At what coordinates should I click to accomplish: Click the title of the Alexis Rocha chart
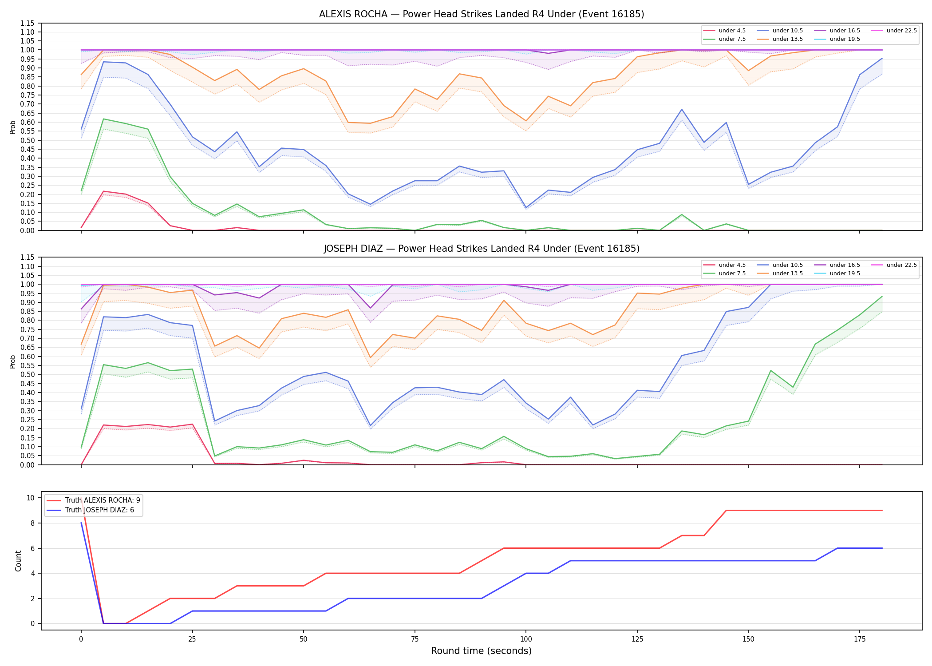(482, 14)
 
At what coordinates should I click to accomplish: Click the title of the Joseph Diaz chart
(482, 249)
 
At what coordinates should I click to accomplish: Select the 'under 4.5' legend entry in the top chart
(725, 31)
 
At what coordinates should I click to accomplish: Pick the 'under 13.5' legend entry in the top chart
(780, 39)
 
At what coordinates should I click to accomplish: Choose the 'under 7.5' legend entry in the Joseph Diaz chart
(725, 274)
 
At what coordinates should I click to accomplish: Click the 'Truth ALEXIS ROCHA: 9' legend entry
(93, 500)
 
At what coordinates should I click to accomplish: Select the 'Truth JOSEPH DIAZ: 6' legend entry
(90, 510)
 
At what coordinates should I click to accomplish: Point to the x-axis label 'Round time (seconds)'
(481, 651)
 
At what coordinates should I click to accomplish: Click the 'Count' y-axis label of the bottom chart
(18, 561)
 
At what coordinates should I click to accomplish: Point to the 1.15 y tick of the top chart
(28, 23)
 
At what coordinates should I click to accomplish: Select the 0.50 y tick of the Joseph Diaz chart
(28, 375)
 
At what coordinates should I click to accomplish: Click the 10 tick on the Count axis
(31, 498)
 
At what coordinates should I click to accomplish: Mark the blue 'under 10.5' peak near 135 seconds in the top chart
(682, 109)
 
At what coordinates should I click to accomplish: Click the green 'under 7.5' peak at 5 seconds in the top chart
(103, 119)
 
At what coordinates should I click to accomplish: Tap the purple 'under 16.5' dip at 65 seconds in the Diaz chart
(370, 308)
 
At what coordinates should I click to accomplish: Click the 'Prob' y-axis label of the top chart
(13, 127)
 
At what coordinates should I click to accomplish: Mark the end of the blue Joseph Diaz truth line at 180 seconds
(882, 548)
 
